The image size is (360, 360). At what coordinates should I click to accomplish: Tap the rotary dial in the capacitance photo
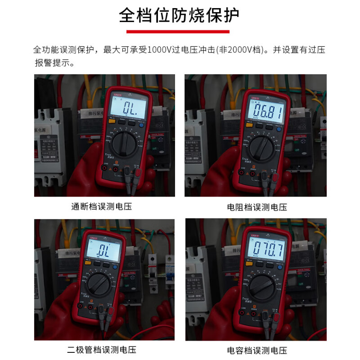click(264, 286)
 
